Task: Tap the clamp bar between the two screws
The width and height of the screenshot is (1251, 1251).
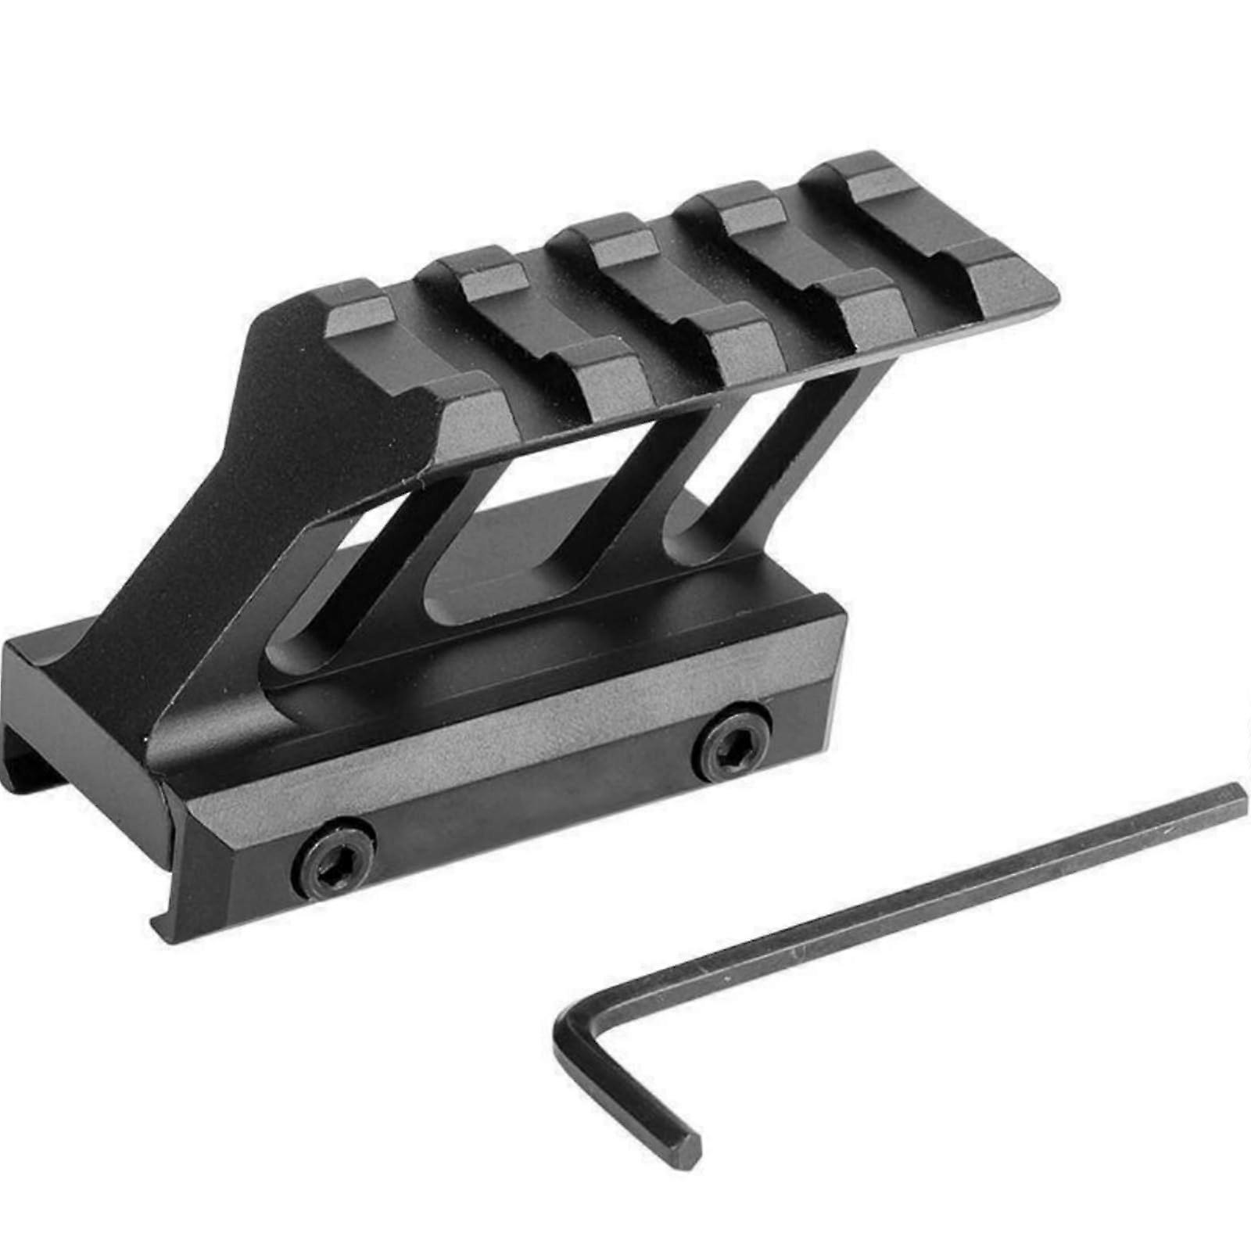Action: [532, 805]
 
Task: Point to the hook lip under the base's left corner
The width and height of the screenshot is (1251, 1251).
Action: [168, 923]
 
